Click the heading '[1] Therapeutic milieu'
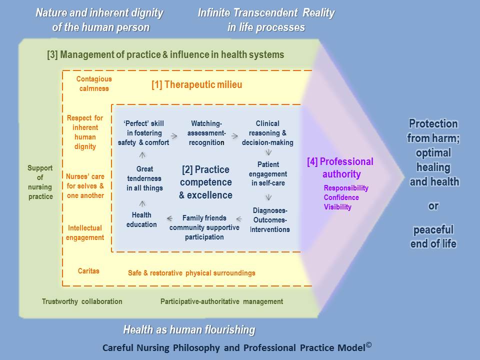197,84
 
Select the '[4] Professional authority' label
340,168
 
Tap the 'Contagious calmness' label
94,83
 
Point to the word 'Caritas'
88,271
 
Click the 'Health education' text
141,220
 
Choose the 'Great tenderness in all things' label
144,178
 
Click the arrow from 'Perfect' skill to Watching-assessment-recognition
174,136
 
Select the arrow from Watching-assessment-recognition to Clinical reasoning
235,136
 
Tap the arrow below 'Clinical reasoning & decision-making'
268,152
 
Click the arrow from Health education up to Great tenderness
142,203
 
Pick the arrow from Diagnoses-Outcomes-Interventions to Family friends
239,219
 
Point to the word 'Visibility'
337,207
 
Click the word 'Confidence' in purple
341,197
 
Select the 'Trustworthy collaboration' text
82,301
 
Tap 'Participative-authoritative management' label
221,301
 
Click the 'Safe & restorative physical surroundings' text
191,273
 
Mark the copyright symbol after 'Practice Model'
369,345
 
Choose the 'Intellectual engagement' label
85,232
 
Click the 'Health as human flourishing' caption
189,329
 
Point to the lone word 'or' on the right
433,206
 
